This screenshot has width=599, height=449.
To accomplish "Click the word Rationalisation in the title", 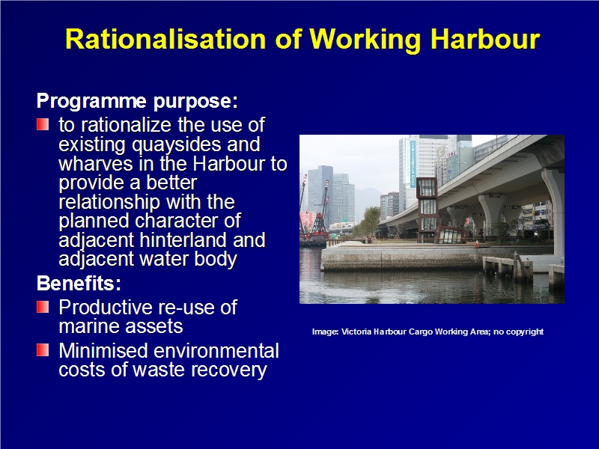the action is coord(165,39).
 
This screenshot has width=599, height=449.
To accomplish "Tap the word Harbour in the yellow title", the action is coord(485,39).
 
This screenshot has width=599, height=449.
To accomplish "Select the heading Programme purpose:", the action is coord(137,102).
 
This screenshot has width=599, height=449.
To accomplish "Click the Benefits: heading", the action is coord(79,284).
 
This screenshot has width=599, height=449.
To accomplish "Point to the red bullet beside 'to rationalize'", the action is coord(43,124).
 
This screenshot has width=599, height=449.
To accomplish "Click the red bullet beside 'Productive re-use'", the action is coord(43,307).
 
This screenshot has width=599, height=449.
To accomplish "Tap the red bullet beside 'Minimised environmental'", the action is coord(43,350).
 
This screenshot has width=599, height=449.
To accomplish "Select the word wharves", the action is coord(96,164).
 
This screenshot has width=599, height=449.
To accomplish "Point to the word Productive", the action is coord(106,308).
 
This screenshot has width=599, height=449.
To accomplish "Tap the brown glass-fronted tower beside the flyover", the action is coord(427,210).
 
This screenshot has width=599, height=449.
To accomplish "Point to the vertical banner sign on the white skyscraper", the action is coord(413,163).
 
